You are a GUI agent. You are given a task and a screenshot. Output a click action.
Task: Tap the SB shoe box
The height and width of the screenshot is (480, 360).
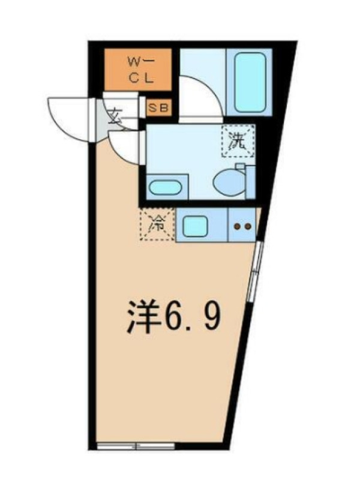(158, 108)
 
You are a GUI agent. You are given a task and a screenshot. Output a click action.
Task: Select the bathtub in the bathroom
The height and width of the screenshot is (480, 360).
(250, 82)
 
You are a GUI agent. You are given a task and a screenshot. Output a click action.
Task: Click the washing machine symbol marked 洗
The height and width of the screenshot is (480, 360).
(238, 141)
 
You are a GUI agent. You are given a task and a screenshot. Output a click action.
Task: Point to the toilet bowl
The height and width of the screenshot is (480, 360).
(229, 184)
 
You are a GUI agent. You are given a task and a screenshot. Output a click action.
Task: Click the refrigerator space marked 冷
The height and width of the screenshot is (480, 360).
(157, 224)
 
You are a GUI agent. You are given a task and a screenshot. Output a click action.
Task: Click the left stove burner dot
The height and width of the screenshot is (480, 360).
(237, 227)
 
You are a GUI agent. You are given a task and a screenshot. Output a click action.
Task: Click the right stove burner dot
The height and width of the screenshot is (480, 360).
(248, 227)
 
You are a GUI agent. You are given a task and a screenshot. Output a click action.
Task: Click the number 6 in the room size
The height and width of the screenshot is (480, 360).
(173, 317)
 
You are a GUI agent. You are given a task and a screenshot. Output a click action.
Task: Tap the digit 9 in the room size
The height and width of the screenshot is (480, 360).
(211, 317)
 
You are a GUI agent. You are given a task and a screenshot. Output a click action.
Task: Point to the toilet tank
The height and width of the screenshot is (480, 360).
(250, 182)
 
